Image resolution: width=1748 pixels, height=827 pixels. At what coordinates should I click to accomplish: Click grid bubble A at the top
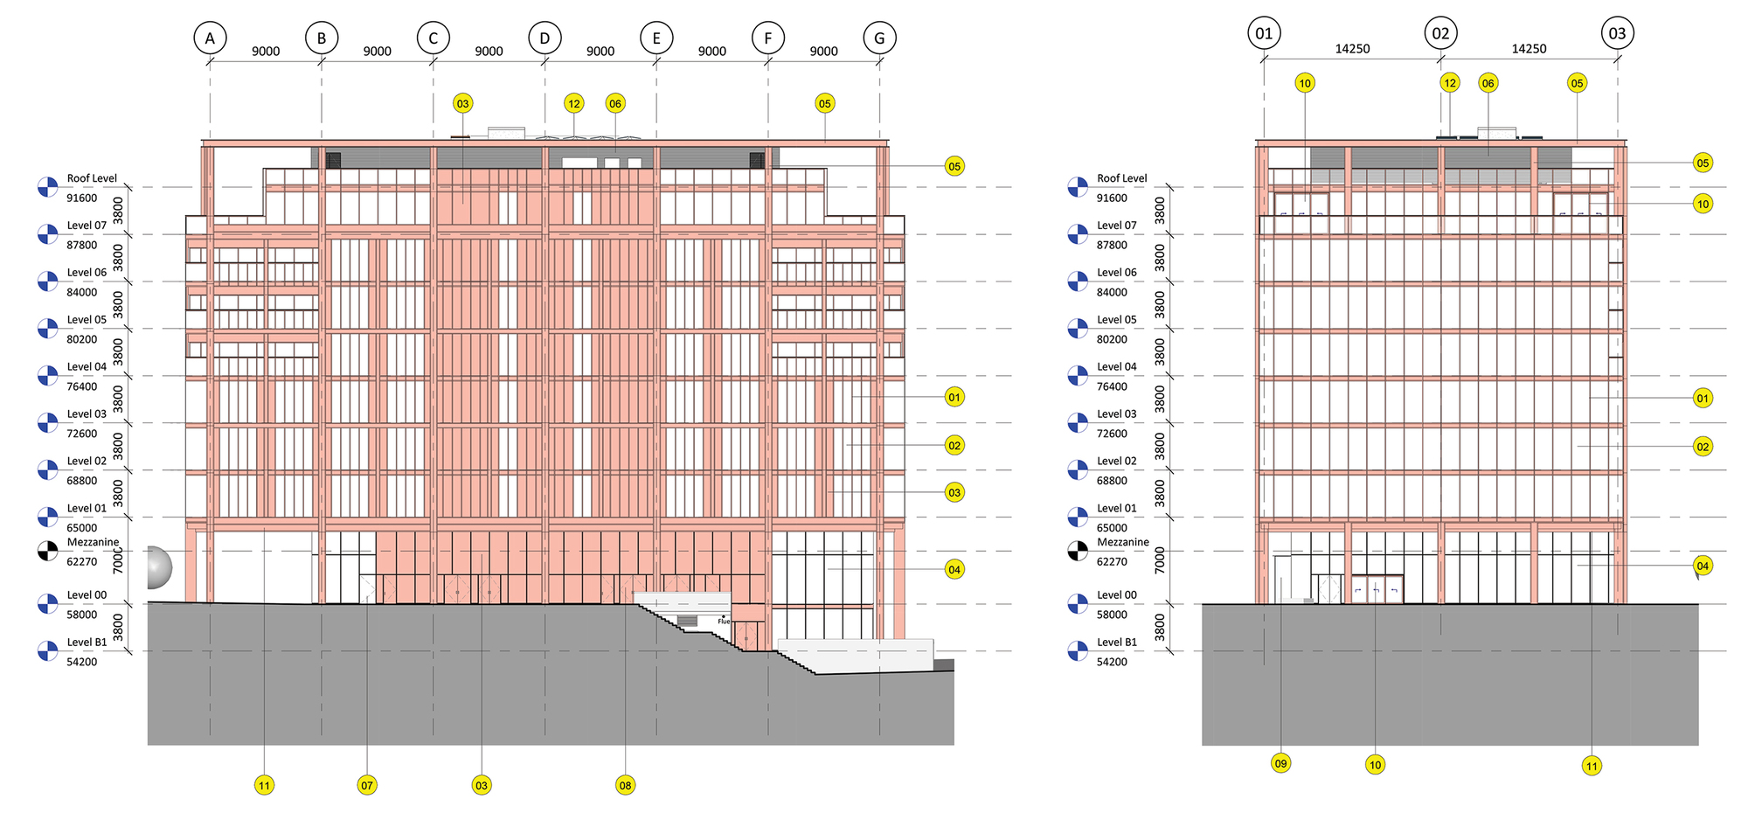coord(210,38)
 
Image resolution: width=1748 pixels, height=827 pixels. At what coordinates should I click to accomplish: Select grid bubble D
coord(545,38)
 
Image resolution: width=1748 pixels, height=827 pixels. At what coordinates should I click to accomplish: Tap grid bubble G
coord(879,38)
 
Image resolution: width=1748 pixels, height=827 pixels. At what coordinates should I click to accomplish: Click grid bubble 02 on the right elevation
coord(1440,34)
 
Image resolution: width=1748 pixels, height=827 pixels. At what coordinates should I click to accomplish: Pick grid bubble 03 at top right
coord(1617,34)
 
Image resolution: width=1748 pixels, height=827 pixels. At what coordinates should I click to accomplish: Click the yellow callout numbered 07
coord(367,785)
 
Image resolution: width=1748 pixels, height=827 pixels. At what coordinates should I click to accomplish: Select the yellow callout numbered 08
coord(625,785)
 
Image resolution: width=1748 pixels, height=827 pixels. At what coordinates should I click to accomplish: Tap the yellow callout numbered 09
coord(1280,763)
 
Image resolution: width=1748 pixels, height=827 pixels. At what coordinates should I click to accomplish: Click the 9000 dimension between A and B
coord(266,52)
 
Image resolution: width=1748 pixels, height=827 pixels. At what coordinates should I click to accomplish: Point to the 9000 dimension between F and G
coord(823,52)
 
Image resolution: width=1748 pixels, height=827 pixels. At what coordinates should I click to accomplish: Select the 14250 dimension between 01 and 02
coord(1352,49)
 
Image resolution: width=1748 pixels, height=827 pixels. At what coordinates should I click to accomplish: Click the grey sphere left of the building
coord(157,567)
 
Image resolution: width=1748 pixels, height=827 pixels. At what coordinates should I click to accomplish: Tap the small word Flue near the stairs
coord(724,622)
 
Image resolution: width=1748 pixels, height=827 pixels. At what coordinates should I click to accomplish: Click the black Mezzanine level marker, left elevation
coord(47,552)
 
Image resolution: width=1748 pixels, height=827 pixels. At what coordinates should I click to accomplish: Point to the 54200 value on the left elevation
coord(82,662)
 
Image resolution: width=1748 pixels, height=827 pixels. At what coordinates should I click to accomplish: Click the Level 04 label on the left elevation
coord(87,367)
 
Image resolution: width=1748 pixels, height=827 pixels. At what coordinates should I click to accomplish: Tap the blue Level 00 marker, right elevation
coord(1078,604)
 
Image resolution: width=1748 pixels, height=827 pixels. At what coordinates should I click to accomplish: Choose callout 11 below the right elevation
coord(1592,766)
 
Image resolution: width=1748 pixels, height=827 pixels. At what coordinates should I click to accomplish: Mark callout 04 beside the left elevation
coord(954,570)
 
